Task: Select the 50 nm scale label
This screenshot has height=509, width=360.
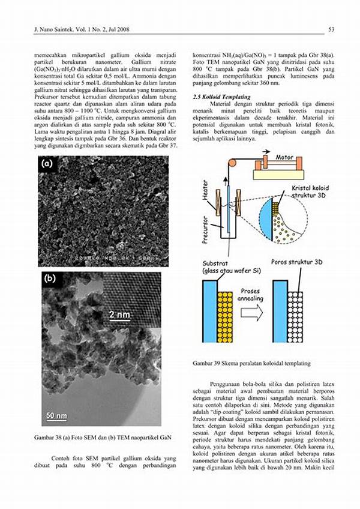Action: coord(57,415)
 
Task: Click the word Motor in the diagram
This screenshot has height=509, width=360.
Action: coord(284,157)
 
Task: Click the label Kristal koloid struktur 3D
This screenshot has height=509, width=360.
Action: coord(310,192)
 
